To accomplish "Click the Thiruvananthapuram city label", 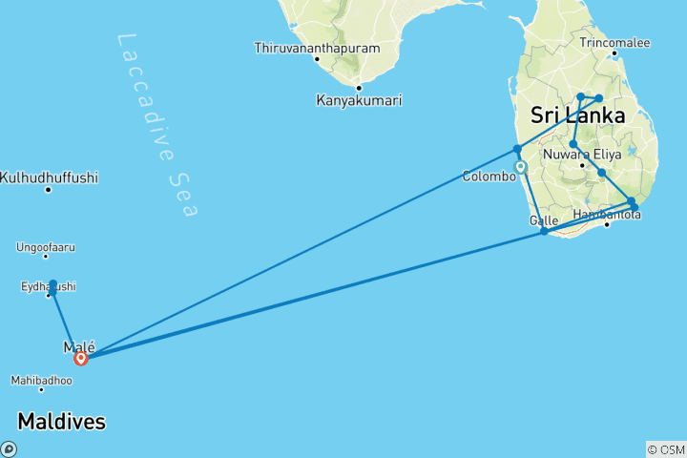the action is coord(317,48).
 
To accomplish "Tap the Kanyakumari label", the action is coord(359,100).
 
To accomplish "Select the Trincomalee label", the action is coord(614,42).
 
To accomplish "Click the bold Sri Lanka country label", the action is coord(577,116).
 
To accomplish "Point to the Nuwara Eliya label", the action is coord(581,153).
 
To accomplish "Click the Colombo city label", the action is coord(489,177).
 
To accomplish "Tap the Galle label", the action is coord(543,219).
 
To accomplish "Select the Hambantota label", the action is coord(608,215).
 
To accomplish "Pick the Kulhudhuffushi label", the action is coord(50,177).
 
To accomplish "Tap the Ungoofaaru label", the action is coord(46,247).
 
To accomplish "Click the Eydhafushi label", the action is coord(48,286).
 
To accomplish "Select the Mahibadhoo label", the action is coord(41,380).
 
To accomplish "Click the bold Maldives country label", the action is coord(61,421).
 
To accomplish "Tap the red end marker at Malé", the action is coord(81,359).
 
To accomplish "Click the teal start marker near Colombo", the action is coord(521,167).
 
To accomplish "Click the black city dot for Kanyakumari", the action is coord(359,88).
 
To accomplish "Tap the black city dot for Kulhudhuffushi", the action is coord(48,189).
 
